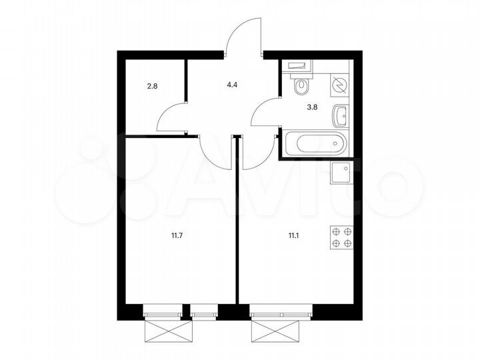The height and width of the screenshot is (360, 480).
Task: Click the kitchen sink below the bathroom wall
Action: coord(342,173)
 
